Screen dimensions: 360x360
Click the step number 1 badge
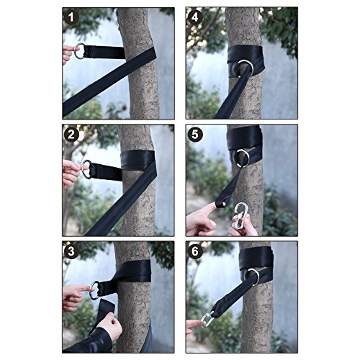71,17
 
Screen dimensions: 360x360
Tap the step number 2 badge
71,135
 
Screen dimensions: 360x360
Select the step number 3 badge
71,251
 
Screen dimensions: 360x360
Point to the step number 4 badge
195,17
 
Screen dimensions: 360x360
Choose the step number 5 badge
195,135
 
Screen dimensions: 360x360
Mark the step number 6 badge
195,251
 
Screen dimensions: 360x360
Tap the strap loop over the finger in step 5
221,204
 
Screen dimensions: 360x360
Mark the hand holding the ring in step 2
72,173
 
